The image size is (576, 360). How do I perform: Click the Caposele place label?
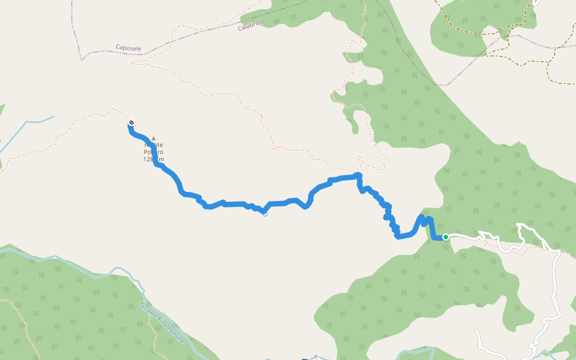tap(128, 47)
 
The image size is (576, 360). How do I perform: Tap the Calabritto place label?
tap(251, 26)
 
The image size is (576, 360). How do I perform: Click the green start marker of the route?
tap(446, 237)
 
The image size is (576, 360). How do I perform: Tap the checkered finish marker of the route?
tap(131, 123)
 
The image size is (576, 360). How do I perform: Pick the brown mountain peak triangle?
tap(153, 138)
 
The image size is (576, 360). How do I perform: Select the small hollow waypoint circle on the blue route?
tap(265, 214)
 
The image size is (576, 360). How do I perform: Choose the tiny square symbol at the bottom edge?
tap(314, 356)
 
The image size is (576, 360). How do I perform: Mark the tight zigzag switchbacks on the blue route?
tap(387, 213)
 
